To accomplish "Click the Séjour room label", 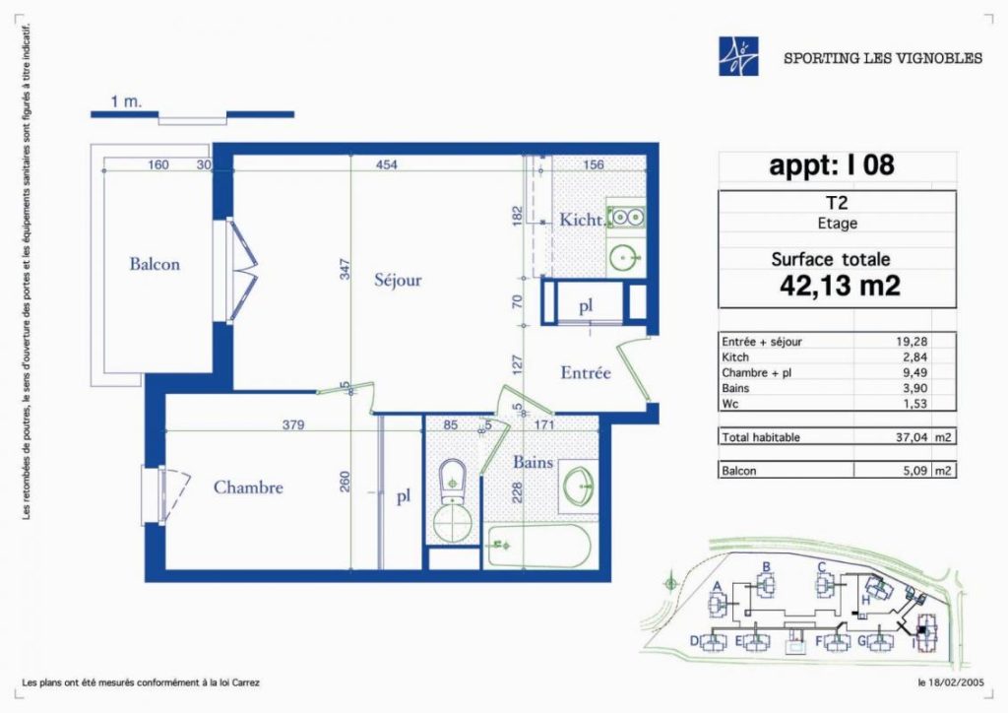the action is tap(398, 281).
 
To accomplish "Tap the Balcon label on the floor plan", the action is tap(155, 264).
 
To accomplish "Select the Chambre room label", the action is tap(248, 487).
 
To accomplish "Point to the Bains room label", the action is tap(533, 462).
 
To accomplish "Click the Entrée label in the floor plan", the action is tap(585, 373).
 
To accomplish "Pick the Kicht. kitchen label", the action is tap(582, 220).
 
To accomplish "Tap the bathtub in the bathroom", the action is tap(539, 547).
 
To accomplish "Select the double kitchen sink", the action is tap(625, 218).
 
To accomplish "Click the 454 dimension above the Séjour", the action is tap(386, 164).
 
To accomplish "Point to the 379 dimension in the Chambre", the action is tap(293, 425).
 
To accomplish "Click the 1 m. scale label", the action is tap(126, 101).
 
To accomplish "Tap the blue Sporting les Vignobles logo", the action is tap(738, 56).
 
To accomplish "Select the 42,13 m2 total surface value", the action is tap(840, 285).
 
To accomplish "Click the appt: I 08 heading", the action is tap(832, 165).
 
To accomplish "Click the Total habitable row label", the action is tap(761, 437).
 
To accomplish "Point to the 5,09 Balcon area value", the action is tap(915, 470).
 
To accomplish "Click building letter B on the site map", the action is tap(766, 567).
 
